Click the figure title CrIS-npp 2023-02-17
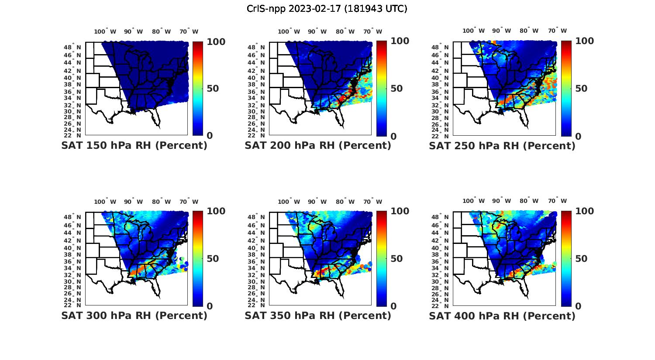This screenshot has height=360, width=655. point(327,9)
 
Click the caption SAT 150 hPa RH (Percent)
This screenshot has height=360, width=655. point(134,146)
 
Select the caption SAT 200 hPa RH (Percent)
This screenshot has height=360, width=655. point(318,146)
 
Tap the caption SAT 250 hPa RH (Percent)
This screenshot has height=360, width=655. point(502,146)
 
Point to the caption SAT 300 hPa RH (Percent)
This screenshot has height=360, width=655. point(134,315)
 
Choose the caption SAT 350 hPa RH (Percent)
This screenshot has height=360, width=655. point(318,315)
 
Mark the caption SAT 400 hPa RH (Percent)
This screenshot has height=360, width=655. point(502,315)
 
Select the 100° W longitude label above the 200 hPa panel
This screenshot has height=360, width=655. point(289,31)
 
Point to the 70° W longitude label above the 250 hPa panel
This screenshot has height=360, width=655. point(557,31)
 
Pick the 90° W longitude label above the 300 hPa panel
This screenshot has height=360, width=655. point(133,202)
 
